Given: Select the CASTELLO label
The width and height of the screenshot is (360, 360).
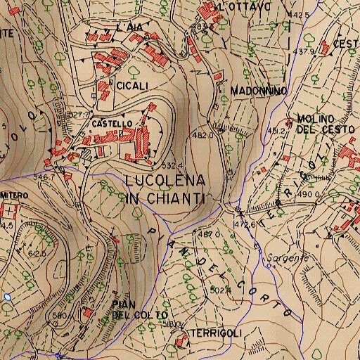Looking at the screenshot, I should (x=111, y=123).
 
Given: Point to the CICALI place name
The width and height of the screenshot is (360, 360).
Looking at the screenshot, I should (x=133, y=86).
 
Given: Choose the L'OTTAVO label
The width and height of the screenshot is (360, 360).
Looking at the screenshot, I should (x=245, y=6).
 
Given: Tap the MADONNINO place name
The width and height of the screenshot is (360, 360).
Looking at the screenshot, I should (x=258, y=91).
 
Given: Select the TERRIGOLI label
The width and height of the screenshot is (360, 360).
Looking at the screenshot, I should (x=217, y=332).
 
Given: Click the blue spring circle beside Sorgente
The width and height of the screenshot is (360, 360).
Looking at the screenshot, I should (x=269, y=266).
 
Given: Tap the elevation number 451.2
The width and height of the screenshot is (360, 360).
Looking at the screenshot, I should (x=276, y=130).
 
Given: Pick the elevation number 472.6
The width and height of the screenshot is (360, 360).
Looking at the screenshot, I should (x=244, y=224).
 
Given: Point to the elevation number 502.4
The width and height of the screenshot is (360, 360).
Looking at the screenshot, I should (x=221, y=290).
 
